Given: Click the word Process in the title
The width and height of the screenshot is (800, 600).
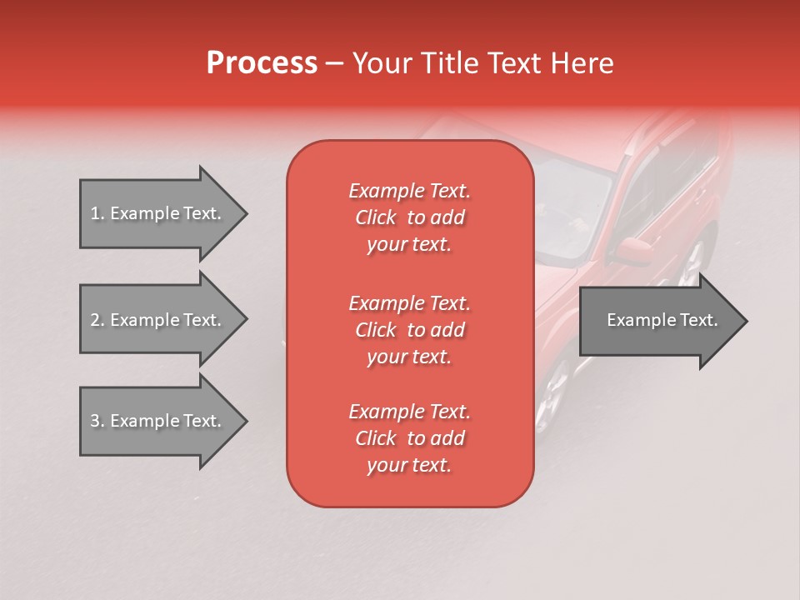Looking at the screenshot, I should (x=262, y=63).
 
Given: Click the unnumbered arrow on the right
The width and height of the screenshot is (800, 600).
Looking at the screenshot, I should (x=662, y=320).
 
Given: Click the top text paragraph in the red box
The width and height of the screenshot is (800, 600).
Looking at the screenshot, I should (x=409, y=217).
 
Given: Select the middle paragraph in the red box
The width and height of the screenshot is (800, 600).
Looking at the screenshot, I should (x=409, y=330).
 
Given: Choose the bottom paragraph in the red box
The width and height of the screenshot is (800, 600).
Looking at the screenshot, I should (x=409, y=438).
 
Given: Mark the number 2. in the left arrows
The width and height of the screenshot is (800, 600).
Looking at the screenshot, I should (x=97, y=320).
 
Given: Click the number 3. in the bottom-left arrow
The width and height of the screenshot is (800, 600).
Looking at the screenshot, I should (x=97, y=421).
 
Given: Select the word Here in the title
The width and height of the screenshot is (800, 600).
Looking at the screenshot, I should (x=584, y=63).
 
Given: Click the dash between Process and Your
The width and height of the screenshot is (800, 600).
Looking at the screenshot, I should (x=335, y=63).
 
